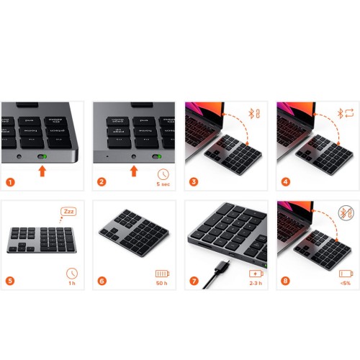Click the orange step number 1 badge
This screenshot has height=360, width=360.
click(10, 181)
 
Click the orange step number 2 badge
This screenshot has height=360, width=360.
click(102, 181)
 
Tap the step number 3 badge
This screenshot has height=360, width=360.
click(194, 181)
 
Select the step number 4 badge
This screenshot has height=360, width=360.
click(286, 181)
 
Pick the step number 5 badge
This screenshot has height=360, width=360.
click(10, 282)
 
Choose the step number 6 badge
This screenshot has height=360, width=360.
click(102, 282)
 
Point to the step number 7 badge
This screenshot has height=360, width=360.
click(194, 282)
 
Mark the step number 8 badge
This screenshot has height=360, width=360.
click(286, 282)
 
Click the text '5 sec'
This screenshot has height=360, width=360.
click(163, 183)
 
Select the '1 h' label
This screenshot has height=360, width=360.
click(71, 284)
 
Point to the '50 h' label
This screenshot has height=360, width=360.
click(163, 284)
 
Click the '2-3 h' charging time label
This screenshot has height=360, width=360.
click(255, 284)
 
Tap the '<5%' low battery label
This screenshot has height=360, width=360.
click(346, 284)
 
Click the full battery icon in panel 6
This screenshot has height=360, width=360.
click(163, 273)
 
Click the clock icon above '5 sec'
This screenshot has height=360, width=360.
click(163, 172)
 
